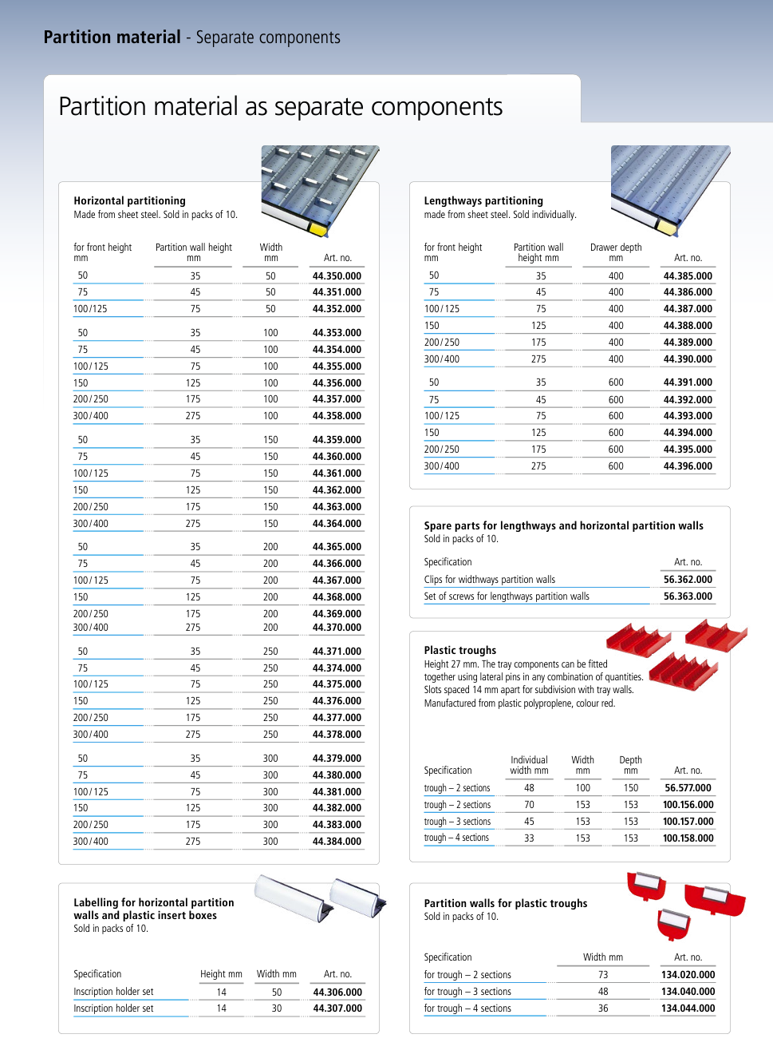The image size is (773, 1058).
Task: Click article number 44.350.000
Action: click(x=337, y=276)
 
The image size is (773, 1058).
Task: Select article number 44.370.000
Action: click(x=337, y=628)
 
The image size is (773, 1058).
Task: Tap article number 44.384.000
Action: click(x=337, y=842)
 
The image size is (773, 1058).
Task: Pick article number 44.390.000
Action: click(x=688, y=359)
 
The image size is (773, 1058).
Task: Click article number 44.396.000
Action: click(x=688, y=466)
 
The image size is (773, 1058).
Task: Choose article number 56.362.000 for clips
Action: click(x=688, y=580)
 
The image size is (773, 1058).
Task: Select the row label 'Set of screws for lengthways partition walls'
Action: click(x=507, y=596)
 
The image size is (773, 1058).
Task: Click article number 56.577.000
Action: click(x=688, y=788)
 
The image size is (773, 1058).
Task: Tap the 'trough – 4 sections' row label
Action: click(x=456, y=838)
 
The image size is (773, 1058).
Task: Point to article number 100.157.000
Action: click(x=688, y=822)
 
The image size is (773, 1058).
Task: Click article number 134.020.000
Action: click(x=688, y=975)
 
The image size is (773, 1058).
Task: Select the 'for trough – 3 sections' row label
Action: click(x=467, y=992)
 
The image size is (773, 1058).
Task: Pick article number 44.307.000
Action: click(x=337, y=1008)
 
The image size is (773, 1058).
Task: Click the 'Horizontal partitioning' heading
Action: click(x=129, y=201)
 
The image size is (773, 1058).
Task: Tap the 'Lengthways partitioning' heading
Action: click(x=483, y=201)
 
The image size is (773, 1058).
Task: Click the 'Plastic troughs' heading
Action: click(x=460, y=651)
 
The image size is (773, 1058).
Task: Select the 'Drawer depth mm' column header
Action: click(x=616, y=252)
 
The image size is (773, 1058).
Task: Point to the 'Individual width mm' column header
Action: click(x=529, y=765)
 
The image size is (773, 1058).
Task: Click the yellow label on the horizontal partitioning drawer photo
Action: click(x=317, y=230)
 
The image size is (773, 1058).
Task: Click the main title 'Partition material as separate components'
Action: click(x=281, y=107)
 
